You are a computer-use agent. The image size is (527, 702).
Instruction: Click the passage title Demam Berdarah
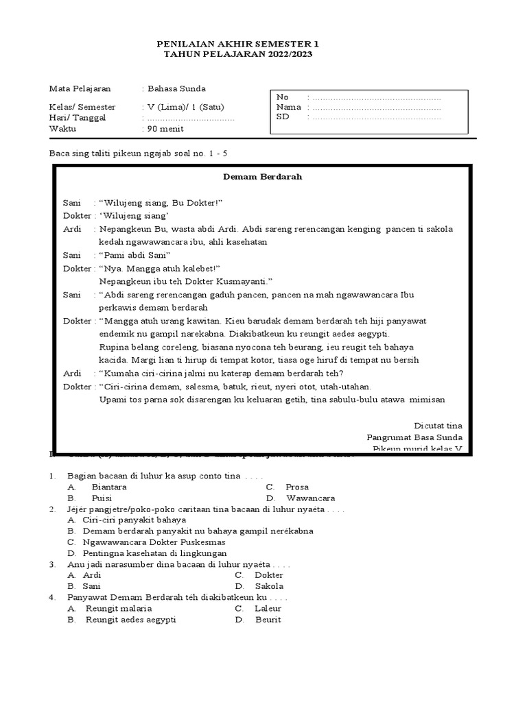[x=263, y=176]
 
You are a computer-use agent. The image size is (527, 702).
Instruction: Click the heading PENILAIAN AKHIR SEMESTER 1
[x=238, y=44]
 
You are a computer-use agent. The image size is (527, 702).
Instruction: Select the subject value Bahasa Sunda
[x=176, y=88]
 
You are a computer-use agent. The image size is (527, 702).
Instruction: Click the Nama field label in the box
[x=288, y=107]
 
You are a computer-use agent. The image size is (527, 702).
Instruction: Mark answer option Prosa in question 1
[x=298, y=487]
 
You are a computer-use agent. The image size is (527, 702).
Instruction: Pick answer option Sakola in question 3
[x=268, y=586]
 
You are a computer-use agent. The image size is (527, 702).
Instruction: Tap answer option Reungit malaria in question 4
[x=119, y=608]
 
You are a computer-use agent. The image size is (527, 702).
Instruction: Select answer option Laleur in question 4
[x=268, y=608]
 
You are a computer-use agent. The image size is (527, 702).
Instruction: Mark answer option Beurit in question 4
[x=267, y=619]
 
